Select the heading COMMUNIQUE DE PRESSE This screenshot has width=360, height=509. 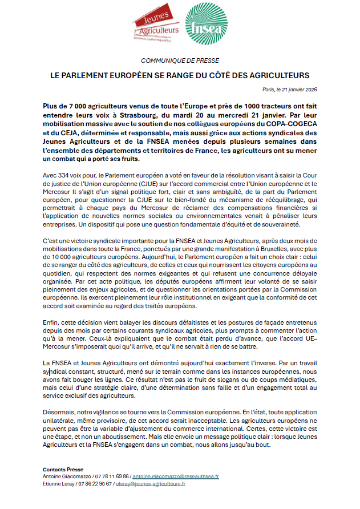(180, 60)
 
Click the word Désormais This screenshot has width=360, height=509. (58, 411)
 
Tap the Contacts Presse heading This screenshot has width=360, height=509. (63, 470)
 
